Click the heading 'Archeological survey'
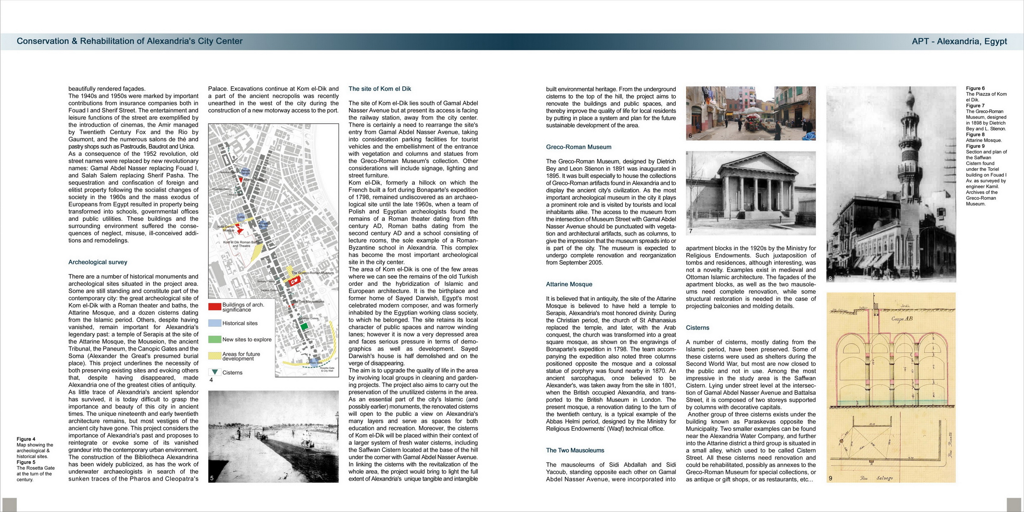tap(97, 262)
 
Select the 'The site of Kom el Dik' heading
tap(379, 89)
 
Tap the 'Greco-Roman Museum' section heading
tap(578, 147)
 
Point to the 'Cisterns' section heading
tap(697, 328)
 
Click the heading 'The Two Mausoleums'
tap(575, 450)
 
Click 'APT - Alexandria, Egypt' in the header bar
tap(959, 41)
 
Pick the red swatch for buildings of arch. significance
tap(214, 307)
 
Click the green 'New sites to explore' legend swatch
tap(214, 339)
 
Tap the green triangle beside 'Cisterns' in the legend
tap(215, 372)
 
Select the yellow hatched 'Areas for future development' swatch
tap(214, 356)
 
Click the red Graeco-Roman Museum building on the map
tap(294, 281)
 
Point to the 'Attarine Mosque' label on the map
tap(255, 179)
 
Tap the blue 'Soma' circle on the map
tap(240, 217)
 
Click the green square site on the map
tap(304, 326)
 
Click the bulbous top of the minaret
tap(910, 99)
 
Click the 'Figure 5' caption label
tap(26, 462)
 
